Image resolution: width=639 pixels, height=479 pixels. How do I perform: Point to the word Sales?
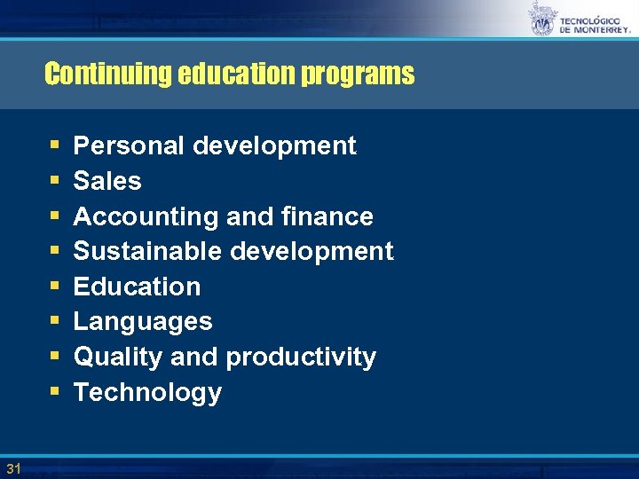tap(107, 181)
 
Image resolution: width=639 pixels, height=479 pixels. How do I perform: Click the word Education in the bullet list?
tap(137, 287)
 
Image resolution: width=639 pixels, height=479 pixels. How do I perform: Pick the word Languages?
tap(143, 322)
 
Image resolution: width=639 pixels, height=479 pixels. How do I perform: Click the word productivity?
tap(301, 357)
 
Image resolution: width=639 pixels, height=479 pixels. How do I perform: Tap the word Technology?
tap(147, 392)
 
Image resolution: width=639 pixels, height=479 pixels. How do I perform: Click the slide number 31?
tap(12, 467)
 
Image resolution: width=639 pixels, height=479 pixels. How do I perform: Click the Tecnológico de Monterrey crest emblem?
tap(541, 19)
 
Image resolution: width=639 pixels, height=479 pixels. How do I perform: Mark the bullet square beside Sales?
tap(56, 182)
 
